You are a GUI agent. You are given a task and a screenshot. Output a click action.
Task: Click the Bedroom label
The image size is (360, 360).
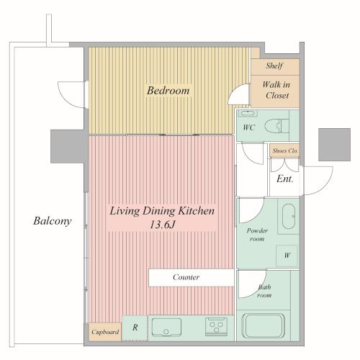point(168,91)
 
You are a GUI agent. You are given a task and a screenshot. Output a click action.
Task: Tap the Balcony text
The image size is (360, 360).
point(53,221)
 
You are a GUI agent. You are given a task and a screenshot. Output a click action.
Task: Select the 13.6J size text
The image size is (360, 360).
point(163,225)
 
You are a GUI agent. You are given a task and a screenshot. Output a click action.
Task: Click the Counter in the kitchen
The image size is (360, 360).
point(192,277)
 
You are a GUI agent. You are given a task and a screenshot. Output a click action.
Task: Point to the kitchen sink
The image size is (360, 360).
point(166,328)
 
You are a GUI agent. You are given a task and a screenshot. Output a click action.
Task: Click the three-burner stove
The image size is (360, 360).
point(216,327)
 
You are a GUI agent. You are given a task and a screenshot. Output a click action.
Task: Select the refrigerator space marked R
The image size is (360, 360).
point(135,328)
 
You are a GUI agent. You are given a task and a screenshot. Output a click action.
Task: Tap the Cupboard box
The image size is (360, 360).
point(105,332)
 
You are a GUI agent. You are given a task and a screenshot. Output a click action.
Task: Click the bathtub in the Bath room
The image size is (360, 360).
point(264,325)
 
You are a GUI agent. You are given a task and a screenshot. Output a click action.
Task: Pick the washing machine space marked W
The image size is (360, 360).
point(287,256)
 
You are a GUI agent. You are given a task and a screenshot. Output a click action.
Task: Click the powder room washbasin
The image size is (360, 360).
point(289,216)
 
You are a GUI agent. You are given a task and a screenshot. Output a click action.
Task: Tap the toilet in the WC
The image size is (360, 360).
point(276,126)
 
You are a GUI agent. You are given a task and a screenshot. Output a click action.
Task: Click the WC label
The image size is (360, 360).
point(248,127)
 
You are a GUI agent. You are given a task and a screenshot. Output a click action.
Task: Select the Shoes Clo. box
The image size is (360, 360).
point(284,150)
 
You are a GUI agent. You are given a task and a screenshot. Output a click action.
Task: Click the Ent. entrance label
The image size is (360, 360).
point(285,179)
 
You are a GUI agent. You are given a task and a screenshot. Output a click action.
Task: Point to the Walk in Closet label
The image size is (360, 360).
point(276,90)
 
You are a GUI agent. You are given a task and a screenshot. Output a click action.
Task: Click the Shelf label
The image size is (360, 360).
point(274,66)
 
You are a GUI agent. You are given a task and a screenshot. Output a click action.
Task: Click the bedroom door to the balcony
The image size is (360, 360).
point(72,95)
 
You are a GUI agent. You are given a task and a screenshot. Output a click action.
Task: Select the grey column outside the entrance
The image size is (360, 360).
point(334,145)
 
